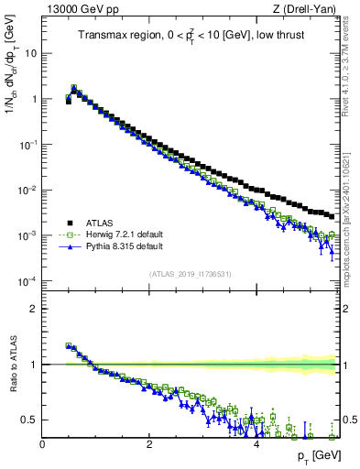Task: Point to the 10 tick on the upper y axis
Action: tap(30, 53)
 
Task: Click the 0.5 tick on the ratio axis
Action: tap(29, 420)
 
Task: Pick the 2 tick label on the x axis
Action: tap(149, 444)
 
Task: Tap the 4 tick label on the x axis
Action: tap(256, 444)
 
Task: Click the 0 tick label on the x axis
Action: tap(42, 444)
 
